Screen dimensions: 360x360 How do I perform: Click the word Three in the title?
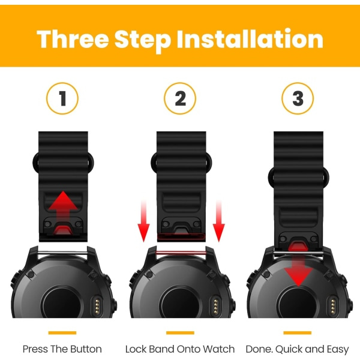point(73,38)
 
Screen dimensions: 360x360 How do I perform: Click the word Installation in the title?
point(250,38)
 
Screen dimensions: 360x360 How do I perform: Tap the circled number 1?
point(62,98)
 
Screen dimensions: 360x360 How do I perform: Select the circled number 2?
point(180,98)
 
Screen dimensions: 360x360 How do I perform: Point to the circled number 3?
point(298,98)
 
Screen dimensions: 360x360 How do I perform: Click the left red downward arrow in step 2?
point(143,221)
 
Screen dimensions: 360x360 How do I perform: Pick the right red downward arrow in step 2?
point(218,221)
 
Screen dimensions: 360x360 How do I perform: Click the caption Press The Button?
point(62,349)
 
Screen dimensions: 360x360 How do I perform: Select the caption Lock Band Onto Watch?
point(180,349)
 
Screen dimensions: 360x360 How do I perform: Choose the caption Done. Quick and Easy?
point(298,349)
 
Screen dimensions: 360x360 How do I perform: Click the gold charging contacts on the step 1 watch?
point(97,306)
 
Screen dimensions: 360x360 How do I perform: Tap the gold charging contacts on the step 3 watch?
point(333,306)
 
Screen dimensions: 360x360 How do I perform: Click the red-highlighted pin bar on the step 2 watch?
point(181,253)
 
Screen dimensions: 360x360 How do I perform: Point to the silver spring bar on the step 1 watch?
point(62,253)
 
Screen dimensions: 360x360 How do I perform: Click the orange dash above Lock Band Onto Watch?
point(180,332)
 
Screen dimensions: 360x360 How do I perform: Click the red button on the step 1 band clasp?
point(62,230)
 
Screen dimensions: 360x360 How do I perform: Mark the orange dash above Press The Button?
point(62,332)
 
